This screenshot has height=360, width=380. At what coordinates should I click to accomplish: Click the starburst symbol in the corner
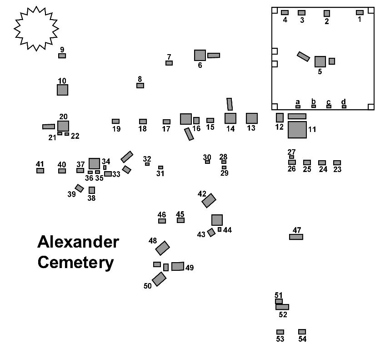point(36,28)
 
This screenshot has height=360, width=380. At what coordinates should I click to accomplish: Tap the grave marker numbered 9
point(62,56)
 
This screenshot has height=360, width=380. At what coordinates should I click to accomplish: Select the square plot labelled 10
point(62,90)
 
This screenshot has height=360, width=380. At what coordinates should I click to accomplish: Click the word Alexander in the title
point(78,242)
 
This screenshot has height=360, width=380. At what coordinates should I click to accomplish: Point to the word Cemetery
point(75,263)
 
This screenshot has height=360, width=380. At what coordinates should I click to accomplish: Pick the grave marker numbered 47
point(296,237)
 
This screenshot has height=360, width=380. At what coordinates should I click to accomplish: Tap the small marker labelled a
point(298,106)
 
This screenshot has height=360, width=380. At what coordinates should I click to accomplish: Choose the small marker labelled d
point(344,106)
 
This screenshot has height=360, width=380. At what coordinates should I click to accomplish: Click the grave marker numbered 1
point(360,12)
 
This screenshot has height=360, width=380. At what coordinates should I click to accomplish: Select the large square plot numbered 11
point(297,130)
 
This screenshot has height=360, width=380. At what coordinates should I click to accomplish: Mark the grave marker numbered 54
point(302,331)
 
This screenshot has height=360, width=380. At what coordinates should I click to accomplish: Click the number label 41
point(40,164)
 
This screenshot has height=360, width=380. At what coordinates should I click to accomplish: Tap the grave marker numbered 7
point(169,63)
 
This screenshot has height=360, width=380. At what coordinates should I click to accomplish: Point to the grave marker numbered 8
point(140,86)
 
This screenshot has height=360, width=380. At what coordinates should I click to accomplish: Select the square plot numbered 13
point(252,118)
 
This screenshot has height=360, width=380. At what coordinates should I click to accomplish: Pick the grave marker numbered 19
point(115,122)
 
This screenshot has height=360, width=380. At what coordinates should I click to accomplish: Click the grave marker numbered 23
point(337,162)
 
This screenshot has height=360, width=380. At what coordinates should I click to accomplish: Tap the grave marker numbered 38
point(92,190)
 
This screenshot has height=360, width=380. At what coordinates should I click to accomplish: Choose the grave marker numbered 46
point(162,221)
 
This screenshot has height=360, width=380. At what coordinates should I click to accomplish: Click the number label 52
point(283,314)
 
